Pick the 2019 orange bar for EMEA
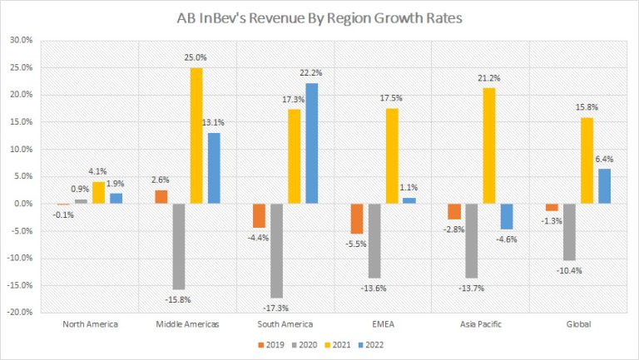click(357, 219)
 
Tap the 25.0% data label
click(197, 59)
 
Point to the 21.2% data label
click(489, 80)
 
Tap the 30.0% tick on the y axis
click(21, 40)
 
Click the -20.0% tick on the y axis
click(19, 313)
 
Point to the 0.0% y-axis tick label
click(22, 204)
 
